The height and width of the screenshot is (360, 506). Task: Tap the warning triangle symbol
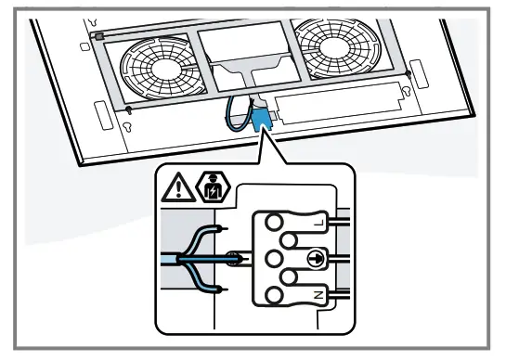[x=175, y=189]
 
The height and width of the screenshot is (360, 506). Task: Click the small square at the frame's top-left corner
[x=99, y=35]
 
